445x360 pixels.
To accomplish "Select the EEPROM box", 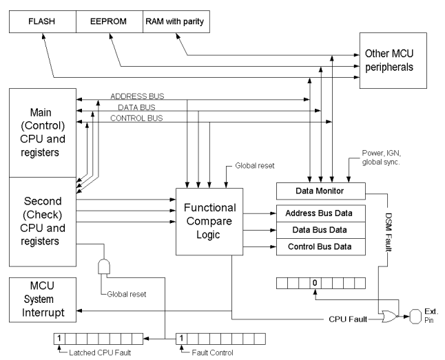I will point(109,21).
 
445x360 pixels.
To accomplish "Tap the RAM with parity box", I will point(174,21).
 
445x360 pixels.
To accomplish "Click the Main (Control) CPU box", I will point(41,131).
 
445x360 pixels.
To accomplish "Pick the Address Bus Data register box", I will point(320,213).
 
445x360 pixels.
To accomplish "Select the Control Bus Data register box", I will point(320,246).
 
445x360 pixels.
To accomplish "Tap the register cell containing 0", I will point(313,282).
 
